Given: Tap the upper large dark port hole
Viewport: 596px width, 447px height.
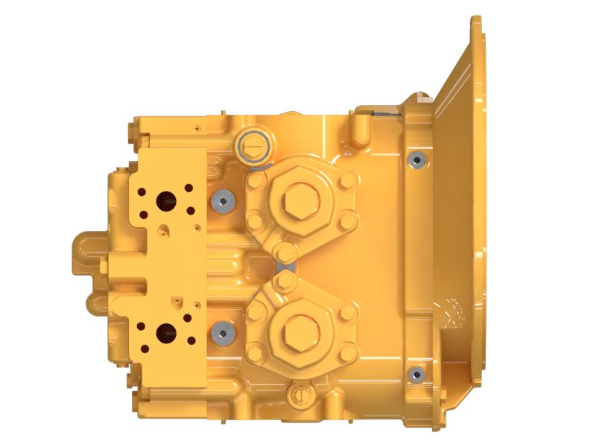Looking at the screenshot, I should click(x=164, y=201).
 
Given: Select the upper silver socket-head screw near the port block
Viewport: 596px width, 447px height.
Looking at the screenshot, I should click(x=221, y=200).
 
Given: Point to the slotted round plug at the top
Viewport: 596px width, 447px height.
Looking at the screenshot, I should click(x=252, y=145).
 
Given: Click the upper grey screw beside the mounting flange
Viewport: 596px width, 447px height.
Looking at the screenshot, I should click(x=416, y=159).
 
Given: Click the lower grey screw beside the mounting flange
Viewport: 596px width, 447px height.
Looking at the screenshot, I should click(x=416, y=373).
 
